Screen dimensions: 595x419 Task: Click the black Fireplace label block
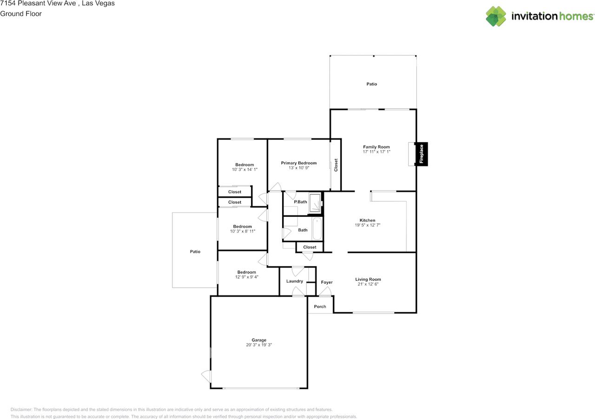pyautogui.click(x=421, y=154)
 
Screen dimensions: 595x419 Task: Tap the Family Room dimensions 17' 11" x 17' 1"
pyautogui.click(x=377, y=152)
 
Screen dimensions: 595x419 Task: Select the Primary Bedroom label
pyautogui.click(x=299, y=163)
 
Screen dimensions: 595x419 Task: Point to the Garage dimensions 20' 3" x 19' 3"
pyautogui.click(x=259, y=345)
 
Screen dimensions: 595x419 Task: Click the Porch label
pyautogui.click(x=320, y=306)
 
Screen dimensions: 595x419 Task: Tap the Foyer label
pyautogui.click(x=327, y=282)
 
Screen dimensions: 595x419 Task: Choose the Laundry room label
pyautogui.click(x=295, y=281)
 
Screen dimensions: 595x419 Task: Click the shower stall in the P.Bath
pyautogui.click(x=315, y=203)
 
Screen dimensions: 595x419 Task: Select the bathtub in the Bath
pyautogui.click(x=317, y=229)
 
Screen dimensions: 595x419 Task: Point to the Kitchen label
pyautogui.click(x=367, y=220)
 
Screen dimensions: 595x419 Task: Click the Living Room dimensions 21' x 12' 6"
pyautogui.click(x=368, y=284)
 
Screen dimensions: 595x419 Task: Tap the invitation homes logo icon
pyautogui.click(x=496, y=16)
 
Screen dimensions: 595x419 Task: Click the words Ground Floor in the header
pyautogui.click(x=21, y=14)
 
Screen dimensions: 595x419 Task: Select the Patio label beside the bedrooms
pyautogui.click(x=195, y=252)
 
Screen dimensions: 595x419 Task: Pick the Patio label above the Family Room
pyautogui.click(x=371, y=84)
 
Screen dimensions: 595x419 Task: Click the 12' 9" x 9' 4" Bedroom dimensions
pyautogui.click(x=247, y=277)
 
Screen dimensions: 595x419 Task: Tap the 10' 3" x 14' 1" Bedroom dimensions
pyautogui.click(x=245, y=170)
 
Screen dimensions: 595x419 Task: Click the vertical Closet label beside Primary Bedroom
pyautogui.click(x=336, y=165)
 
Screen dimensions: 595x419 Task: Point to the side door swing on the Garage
pyautogui.click(x=206, y=377)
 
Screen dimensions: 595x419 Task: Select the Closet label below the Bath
pyautogui.click(x=310, y=247)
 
